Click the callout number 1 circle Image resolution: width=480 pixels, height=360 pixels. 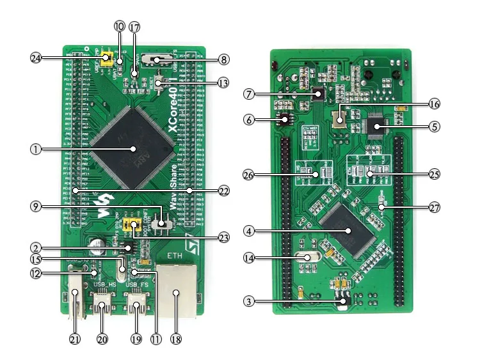coord(36,149)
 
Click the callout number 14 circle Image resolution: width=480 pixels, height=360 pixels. coord(249,258)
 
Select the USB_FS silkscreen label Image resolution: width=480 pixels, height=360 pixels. coord(138,284)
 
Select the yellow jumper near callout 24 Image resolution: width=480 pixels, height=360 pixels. coord(109,61)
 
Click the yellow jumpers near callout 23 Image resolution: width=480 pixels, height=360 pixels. coord(133,225)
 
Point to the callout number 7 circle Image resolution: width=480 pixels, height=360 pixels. coord(249,94)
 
